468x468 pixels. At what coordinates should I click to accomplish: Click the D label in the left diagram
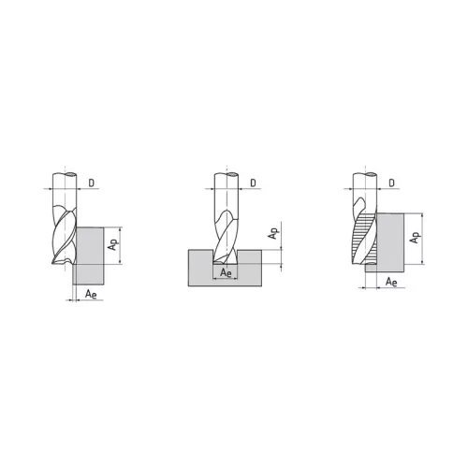pos(91,183)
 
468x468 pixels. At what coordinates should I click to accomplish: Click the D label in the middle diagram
pos(253,183)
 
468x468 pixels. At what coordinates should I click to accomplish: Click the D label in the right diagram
pos(391,183)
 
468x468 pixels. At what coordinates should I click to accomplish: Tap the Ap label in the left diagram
pos(112,244)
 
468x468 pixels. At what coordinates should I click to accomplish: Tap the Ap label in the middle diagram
pos(273,233)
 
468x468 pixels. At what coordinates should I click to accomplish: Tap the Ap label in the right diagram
pos(415,238)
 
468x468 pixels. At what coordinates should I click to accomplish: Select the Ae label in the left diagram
pos(91,294)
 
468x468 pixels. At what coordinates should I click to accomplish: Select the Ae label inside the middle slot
pos(226,272)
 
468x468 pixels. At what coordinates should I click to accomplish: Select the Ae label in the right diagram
pos(391,282)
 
